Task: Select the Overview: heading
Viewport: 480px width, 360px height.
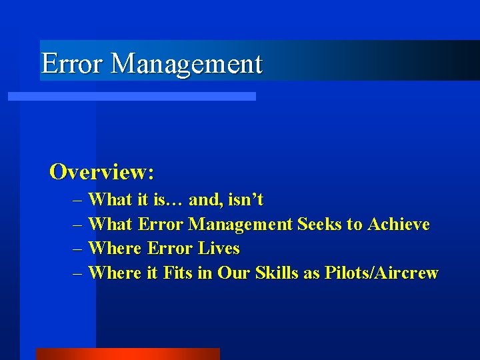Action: click(x=102, y=172)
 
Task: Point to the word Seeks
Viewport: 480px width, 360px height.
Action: click(x=319, y=224)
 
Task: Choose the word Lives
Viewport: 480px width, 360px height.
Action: click(x=219, y=249)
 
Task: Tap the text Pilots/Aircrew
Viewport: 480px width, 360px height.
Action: click(x=381, y=273)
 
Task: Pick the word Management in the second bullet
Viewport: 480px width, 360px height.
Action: click(x=240, y=224)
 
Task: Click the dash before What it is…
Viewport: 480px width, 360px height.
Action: click(x=79, y=199)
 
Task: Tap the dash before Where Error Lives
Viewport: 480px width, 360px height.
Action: click(x=79, y=249)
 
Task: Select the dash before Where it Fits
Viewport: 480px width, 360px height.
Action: click(x=79, y=273)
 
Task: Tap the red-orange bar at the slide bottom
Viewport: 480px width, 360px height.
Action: click(x=127, y=353)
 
